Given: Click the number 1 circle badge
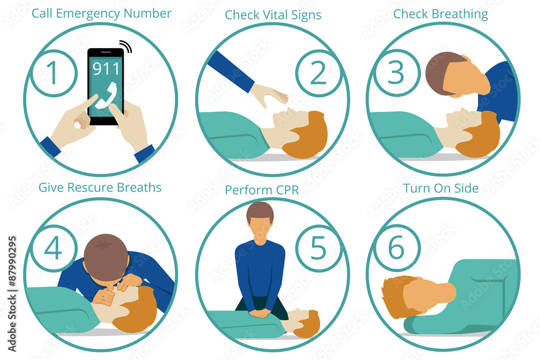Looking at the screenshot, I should [53, 73].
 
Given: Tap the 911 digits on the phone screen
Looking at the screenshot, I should [106, 69].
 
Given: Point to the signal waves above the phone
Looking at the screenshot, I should [126, 46].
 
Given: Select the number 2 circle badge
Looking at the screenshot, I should [318, 73].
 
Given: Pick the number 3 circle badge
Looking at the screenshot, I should [396, 73].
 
